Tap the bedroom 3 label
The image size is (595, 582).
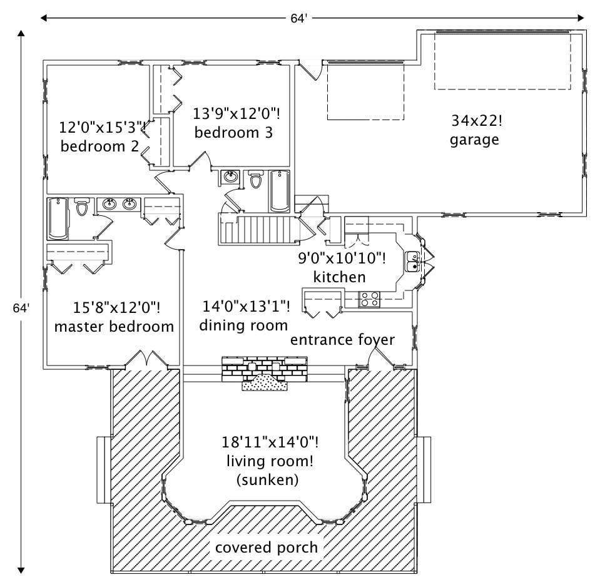[233, 133]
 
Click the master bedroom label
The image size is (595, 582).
[114, 326]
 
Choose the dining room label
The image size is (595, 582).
[243, 325]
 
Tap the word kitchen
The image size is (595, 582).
[340, 276]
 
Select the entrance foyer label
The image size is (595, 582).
[342, 339]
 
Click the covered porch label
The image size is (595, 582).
[266, 547]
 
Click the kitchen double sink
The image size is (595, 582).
[412, 262]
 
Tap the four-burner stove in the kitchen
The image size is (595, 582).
[369, 299]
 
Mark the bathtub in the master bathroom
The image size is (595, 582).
[58, 218]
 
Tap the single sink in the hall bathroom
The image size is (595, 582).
[230, 178]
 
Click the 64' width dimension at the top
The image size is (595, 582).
[298, 18]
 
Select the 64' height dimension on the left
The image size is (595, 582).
[21, 308]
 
